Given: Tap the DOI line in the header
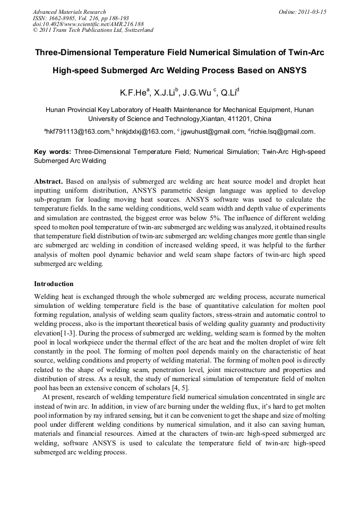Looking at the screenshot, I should pyautogui.click(x=88, y=24).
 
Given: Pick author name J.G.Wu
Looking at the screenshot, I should pyautogui.click(x=196, y=93).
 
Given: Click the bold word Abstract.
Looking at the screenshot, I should pyautogui.click(x=49, y=182).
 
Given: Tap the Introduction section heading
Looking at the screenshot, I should pyautogui.click(x=54, y=284).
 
